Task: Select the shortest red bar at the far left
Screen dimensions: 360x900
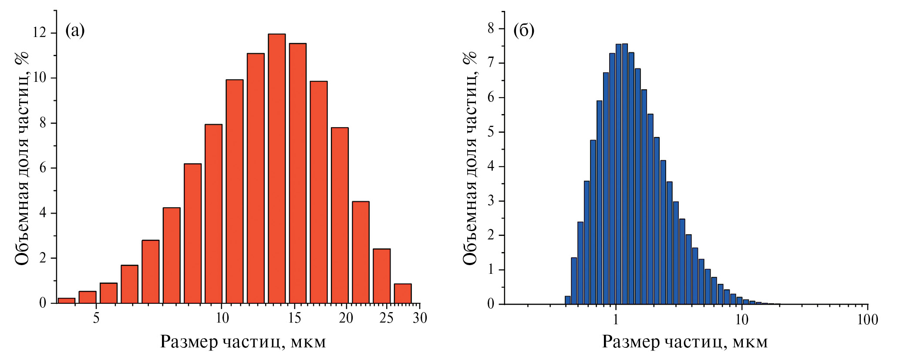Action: [x=66, y=300]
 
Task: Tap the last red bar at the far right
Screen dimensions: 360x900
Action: [x=403, y=293]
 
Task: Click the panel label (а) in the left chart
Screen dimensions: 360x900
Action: [x=75, y=30]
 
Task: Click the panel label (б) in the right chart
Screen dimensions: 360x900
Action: [x=524, y=30]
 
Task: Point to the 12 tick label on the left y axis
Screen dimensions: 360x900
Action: [x=41, y=33]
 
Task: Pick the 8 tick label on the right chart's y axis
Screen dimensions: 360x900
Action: [x=491, y=29]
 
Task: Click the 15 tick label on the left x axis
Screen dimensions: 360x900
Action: [x=294, y=318]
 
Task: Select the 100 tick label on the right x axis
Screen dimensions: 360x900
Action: [x=867, y=320]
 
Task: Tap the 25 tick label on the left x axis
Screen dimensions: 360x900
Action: [x=386, y=318]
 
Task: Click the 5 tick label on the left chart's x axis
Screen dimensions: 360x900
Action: [x=96, y=318]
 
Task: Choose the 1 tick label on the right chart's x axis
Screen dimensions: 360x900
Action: [x=616, y=320]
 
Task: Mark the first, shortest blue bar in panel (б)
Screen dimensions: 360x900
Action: [x=568, y=300]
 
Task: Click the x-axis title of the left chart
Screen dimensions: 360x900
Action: [x=243, y=342]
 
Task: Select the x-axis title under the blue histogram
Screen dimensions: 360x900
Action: [x=684, y=342]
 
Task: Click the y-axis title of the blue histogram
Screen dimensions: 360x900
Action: [x=470, y=158]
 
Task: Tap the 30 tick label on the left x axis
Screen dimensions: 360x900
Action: [x=420, y=318]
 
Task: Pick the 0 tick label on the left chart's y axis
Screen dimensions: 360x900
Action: [x=43, y=303]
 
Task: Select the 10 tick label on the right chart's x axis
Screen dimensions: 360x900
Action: [x=742, y=320]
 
